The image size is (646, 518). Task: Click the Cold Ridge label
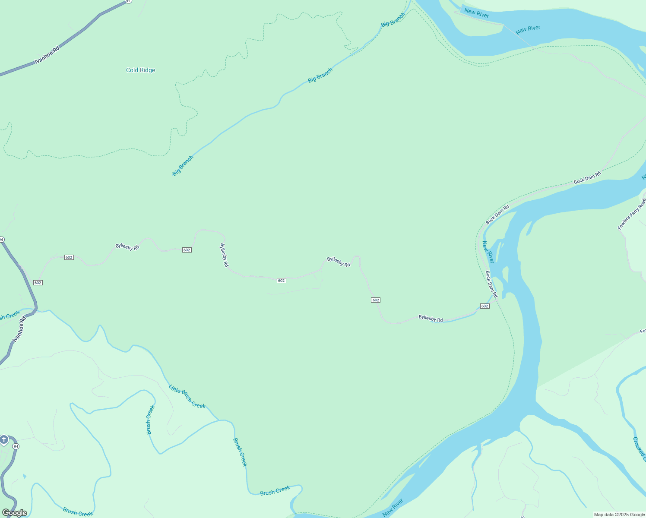tap(140, 70)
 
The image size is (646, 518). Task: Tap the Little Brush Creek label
tap(187, 396)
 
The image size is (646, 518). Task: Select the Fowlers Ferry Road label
tap(631, 214)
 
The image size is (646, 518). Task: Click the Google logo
tap(15, 513)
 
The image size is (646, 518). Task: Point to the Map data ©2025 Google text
tap(619, 515)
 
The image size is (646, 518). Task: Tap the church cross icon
tap(4, 440)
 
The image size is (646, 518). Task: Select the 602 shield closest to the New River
tap(484, 306)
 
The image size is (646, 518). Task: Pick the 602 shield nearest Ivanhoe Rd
tap(38, 283)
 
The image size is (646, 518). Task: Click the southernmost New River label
tap(393, 508)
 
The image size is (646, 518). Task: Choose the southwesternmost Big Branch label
tap(183, 166)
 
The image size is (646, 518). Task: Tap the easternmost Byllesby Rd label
tap(431, 319)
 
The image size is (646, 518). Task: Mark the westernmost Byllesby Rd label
tap(127, 247)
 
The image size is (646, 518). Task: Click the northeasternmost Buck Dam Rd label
tap(587, 178)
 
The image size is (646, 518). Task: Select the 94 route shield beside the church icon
tap(16, 446)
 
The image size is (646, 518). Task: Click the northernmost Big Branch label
tap(393, 20)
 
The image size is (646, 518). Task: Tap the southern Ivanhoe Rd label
tap(19, 329)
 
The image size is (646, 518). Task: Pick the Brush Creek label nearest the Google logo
tap(78, 512)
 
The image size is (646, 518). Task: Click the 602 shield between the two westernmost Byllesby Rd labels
tap(187, 250)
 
